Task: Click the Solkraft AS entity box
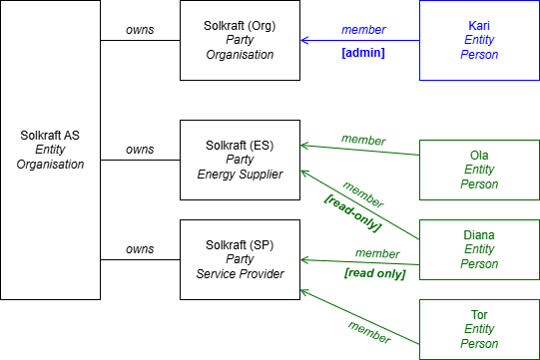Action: click(51, 150)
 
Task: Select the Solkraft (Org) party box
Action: click(240, 40)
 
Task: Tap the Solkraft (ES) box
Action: click(240, 160)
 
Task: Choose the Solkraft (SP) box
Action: click(240, 259)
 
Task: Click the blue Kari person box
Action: click(479, 40)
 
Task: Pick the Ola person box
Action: click(479, 170)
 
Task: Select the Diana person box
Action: click(479, 249)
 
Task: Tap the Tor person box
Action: click(479, 329)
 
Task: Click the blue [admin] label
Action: click(363, 53)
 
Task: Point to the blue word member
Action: click(363, 30)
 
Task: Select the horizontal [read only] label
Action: click(374, 273)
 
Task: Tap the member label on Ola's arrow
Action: click(363, 140)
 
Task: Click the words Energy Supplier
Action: click(240, 175)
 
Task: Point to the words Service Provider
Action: click(240, 274)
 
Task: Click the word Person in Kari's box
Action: click(479, 55)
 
